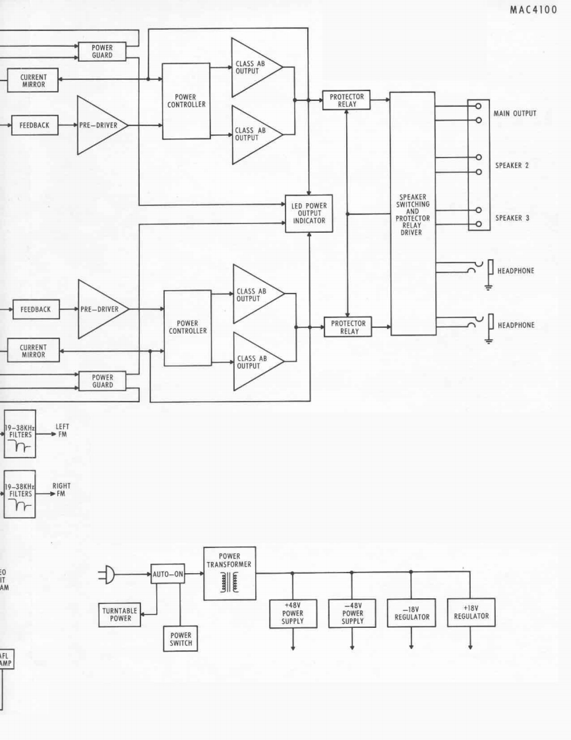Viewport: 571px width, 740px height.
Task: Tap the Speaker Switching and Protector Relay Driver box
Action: (x=412, y=214)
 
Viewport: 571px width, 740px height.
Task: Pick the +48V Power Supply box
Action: (x=293, y=617)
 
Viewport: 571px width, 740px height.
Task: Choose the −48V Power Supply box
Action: (x=352, y=617)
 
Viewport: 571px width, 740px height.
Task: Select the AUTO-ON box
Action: (x=167, y=574)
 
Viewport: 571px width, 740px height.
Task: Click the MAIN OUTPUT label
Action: (x=515, y=113)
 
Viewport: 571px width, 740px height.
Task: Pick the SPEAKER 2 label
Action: (x=512, y=166)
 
